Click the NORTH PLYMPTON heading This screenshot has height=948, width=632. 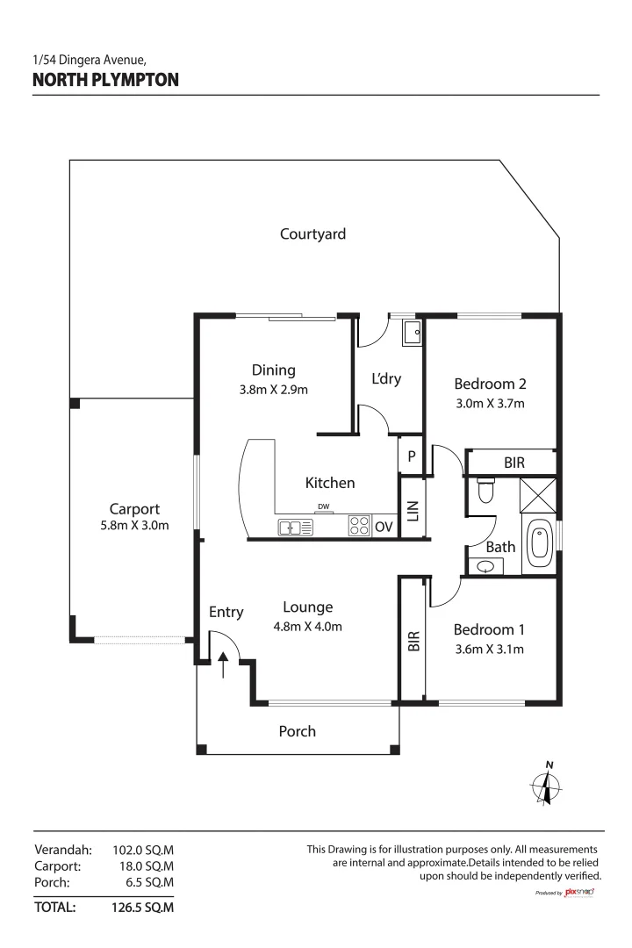point(105,80)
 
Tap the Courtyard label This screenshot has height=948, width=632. point(312,233)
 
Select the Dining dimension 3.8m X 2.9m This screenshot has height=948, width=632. point(274,389)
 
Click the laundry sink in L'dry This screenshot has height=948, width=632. point(412,332)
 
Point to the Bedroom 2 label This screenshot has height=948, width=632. point(490,384)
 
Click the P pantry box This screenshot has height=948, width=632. point(411,456)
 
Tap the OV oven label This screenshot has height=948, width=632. point(384,527)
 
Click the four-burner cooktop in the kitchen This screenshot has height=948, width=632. point(359,526)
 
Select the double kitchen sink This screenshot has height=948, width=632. point(296,528)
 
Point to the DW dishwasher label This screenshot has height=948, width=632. point(324,506)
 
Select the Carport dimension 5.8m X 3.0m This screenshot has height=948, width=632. point(133,526)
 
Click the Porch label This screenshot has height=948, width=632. point(297,731)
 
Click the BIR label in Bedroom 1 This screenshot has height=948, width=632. point(413,641)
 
